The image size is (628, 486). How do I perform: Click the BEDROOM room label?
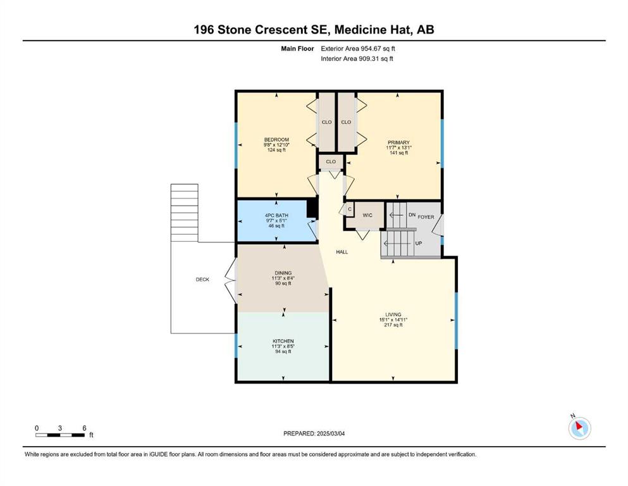(276, 139)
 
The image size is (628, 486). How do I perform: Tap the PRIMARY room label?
(398, 142)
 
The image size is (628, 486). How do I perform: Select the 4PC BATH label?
(276, 216)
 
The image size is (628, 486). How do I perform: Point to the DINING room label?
(283, 273)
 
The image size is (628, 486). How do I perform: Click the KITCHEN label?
(283, 341)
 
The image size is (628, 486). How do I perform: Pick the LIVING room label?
(393, 315)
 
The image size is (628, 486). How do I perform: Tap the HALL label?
(342, 252)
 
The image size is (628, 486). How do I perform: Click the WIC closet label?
(367, 215)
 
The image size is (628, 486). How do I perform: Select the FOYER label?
(426, 217)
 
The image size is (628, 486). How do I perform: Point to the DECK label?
(202, 279)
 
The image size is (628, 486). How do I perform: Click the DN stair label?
(412, 215)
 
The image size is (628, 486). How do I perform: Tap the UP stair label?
(419, 243)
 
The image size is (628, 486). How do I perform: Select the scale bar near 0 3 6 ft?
(60, 435)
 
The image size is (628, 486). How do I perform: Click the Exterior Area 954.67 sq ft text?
(358, 49)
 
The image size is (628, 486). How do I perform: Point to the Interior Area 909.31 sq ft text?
(357, 58)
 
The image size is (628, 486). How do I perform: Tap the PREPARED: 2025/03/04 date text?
(314, 433)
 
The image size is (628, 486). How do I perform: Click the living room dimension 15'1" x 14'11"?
(393, 320)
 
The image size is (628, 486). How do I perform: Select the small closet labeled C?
(350, 209)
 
